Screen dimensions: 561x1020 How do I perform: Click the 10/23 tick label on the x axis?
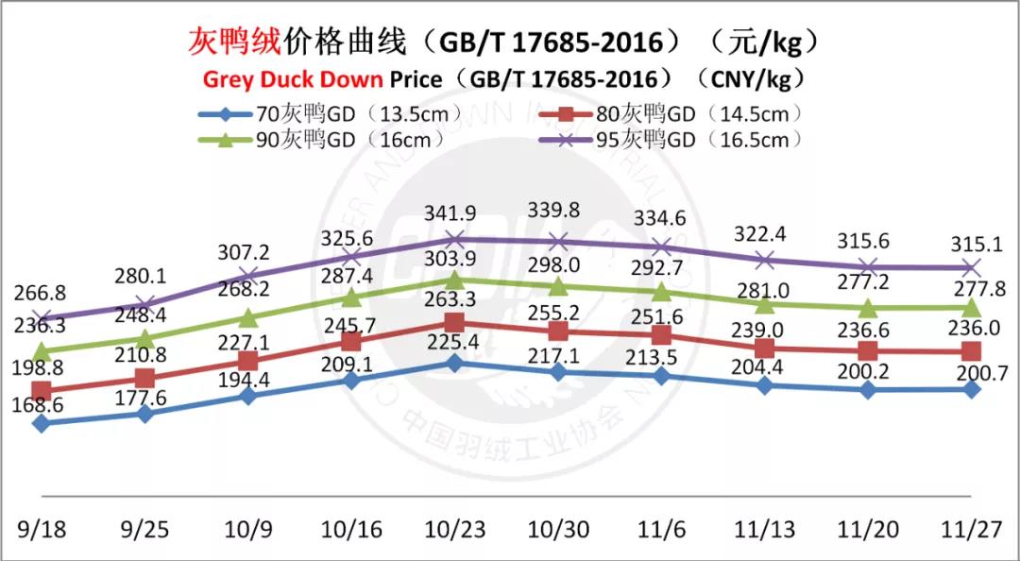point(454,529)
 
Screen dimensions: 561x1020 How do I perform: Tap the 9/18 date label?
point(42,529)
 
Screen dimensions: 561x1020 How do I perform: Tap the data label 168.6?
point(38,404)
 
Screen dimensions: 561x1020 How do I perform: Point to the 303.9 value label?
point(455,260)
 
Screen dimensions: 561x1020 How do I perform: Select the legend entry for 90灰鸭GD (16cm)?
point(321,140)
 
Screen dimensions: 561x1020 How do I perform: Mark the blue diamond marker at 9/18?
point(42,424)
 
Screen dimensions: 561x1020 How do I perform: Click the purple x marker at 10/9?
point(248,275)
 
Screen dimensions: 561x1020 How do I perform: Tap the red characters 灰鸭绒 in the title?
point(229,42)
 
